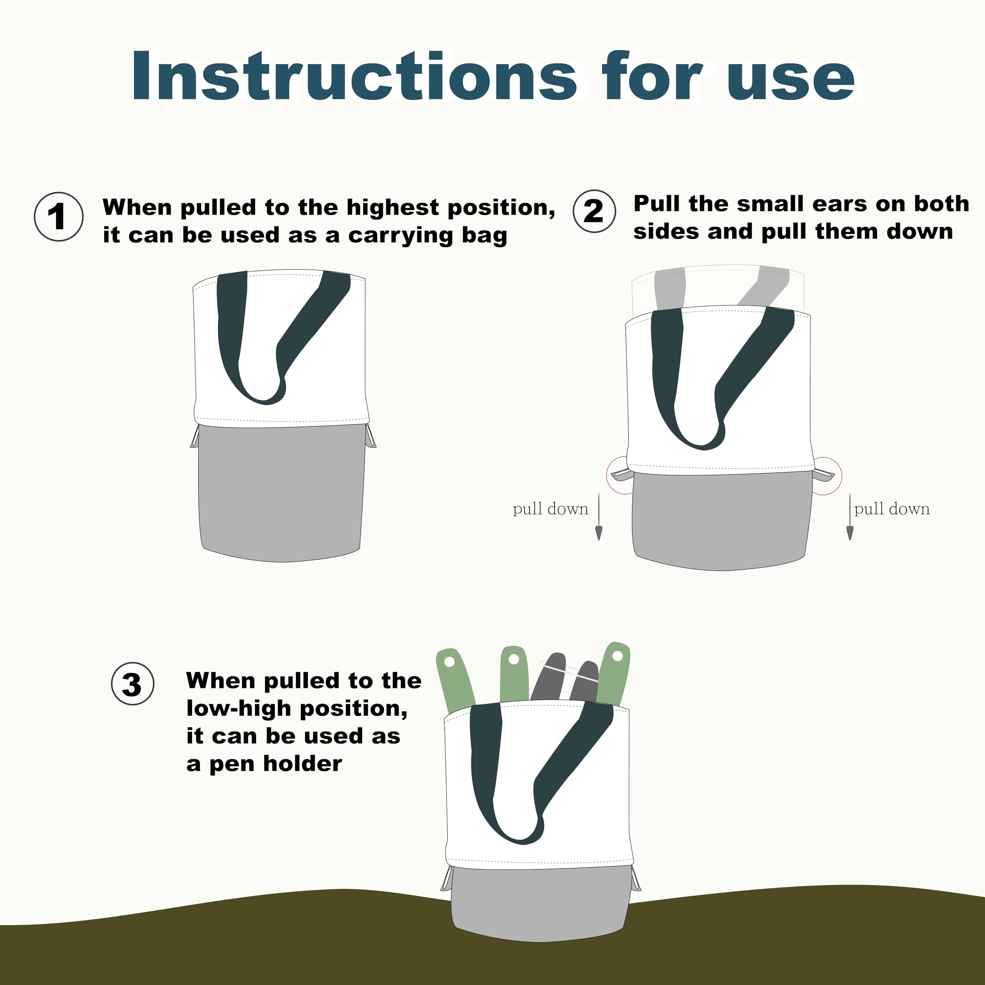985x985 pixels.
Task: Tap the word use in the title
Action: tap(791, 82)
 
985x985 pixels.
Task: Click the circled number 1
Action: tap(58, 217)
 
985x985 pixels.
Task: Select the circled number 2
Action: tap(594, 211)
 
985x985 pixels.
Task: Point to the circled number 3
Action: tap(133, 684)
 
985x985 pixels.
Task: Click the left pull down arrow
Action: tap(599, 516)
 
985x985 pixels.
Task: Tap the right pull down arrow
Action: tap(850, 516)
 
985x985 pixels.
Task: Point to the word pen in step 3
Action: tap(232, 764)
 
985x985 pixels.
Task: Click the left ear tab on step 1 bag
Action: tap(195, 437)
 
